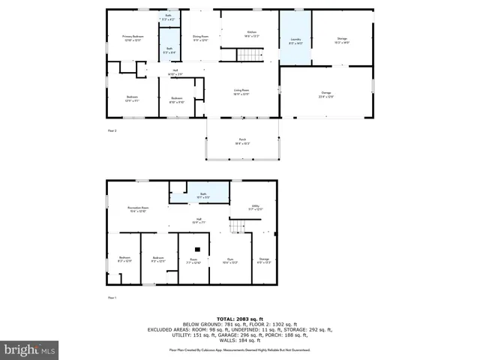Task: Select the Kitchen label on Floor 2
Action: tap(252, 34)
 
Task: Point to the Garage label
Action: tap(325, 94)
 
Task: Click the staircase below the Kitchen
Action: tap(250, 55)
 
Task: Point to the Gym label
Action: tap(230, 261)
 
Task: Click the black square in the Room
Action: tap(197, 250)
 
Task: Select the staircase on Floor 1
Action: tap(238, 226)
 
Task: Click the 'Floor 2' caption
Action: tap(112, 130)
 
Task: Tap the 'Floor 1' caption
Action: tap(112, 298)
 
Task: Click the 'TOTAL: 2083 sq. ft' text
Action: tap(239, 319)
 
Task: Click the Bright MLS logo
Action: tap(29, 350)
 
